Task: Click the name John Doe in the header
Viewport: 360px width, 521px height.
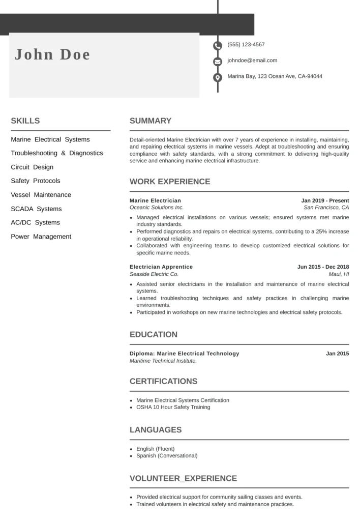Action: coord(52,54)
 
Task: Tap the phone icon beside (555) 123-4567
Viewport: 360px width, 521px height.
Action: coord(218,45)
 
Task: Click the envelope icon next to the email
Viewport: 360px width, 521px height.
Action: coord(218,62)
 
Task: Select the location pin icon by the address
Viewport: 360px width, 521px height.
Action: coord(218,77)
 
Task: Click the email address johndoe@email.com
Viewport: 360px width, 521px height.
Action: coord(252,61)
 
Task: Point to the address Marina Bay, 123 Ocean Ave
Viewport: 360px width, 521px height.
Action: coord(275,76)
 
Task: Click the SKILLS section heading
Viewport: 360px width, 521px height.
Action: coord(25,121)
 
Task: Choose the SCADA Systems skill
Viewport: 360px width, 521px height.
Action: coord(36,209)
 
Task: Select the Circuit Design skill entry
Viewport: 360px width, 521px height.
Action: coord(32,167)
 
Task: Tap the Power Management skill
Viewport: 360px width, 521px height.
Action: coord(41,237)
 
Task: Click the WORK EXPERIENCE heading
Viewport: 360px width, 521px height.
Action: coord(170,182)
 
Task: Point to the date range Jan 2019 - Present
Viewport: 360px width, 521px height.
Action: coord(325,200)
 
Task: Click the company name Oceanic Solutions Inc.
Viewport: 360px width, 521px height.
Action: coord(157,208)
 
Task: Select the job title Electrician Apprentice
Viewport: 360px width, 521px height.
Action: coord(161,267)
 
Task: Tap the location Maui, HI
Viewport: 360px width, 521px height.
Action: coord(339,274)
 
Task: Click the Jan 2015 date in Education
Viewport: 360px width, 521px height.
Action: coord(337,353)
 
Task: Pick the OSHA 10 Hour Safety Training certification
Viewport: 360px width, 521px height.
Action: coord(173,407)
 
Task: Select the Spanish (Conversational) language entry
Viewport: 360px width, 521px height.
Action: coord(167,456)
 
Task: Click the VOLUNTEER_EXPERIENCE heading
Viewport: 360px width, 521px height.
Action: coord(183,478)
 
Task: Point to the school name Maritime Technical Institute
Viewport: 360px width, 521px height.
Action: coord(163,361)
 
